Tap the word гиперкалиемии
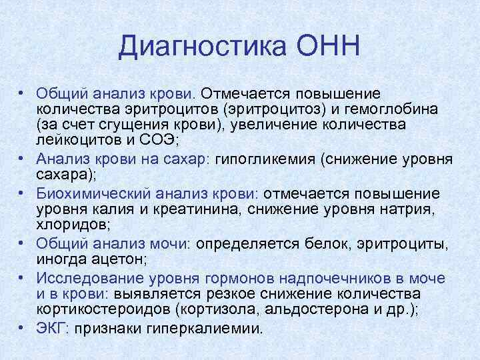pyautogui.click(x=208, y=328)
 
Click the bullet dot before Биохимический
pyautogui.click(x=23, y=193)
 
